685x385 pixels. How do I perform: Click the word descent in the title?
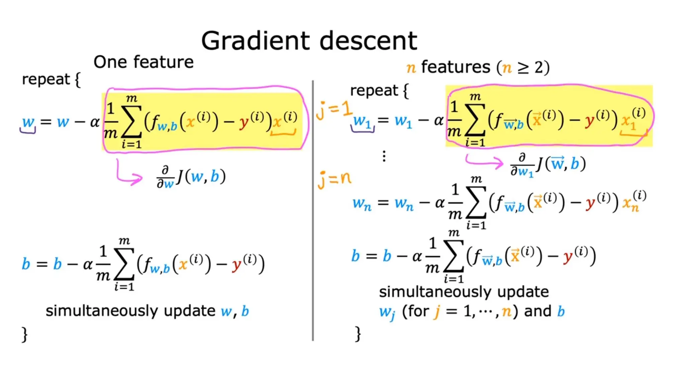point(368,41)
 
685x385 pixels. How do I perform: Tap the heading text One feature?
point(143,62)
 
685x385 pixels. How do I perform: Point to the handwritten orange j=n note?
point(334,179)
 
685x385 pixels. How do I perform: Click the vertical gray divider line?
point(313,211)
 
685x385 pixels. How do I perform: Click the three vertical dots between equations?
point(384,156)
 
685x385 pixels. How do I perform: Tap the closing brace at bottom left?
point(24,334)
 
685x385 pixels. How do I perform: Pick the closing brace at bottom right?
point(358,334)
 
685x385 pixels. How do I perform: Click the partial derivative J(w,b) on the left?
point(191,177)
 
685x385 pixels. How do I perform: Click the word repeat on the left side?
point(46,80)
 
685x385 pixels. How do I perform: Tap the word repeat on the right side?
point(374,91)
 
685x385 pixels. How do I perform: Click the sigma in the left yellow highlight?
point(131,122)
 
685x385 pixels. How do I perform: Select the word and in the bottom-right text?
point(537,311)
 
